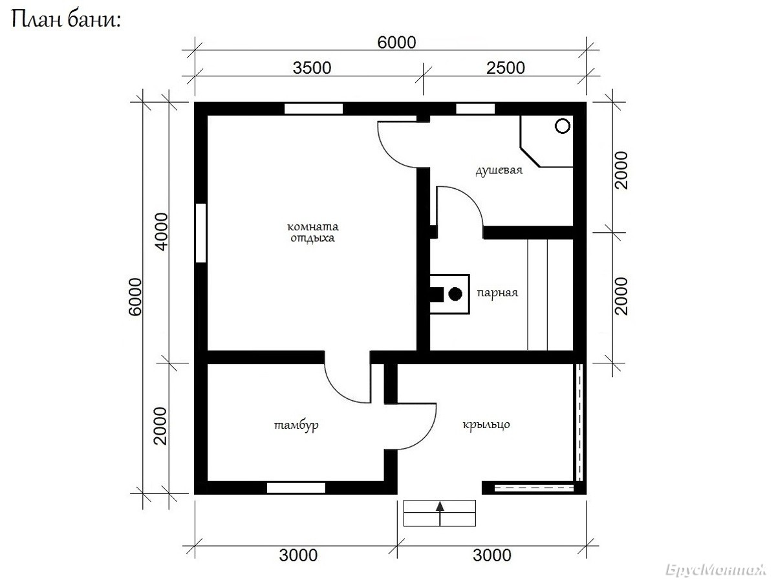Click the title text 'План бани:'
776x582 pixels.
point(66,20)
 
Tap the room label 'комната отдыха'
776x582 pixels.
point(312,232)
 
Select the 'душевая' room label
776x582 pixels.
point(499,170)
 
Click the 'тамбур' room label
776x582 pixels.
point(296,425)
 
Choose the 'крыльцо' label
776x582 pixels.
point(486,424)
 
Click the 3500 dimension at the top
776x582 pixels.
point(312,68)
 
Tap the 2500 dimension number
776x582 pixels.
point(506,68)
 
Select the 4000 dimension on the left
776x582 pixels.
point(162,232)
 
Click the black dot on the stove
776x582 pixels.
point(455,294)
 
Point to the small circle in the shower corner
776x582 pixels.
point(563,126)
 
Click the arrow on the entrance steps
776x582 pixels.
point(440,513)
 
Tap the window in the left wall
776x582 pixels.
point(201,233)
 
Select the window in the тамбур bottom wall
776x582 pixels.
point(296,488)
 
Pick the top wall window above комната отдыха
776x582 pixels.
point(314,109)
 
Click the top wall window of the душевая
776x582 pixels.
point(475,109)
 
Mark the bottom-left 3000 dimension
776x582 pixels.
point(298,555)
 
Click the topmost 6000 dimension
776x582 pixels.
point(396,43)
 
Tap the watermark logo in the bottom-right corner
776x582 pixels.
point(716,570)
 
